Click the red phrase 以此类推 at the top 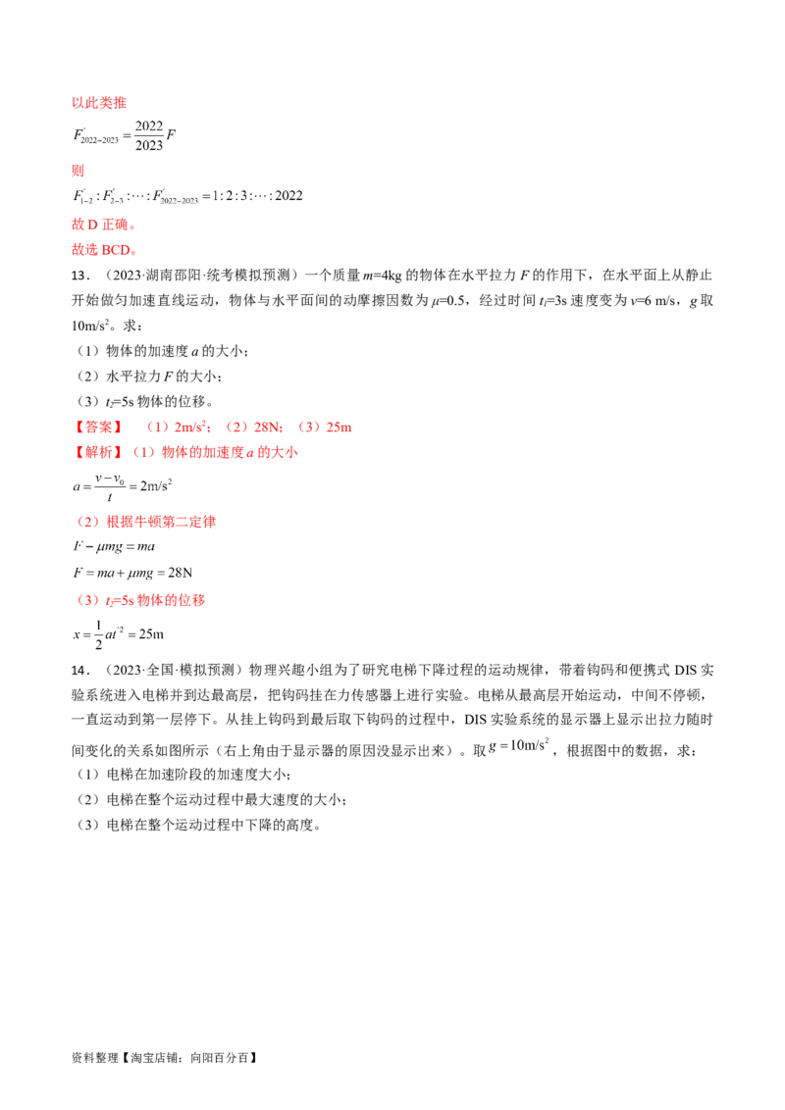98,103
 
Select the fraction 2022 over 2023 149,135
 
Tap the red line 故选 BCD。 104,250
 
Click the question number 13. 80,276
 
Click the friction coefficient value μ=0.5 447,301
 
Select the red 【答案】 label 98,427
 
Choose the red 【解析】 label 98,452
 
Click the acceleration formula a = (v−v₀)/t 123,486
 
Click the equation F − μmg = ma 114,546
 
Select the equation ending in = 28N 132,573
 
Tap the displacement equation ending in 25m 119,634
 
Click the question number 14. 80,671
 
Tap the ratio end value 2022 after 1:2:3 288,196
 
